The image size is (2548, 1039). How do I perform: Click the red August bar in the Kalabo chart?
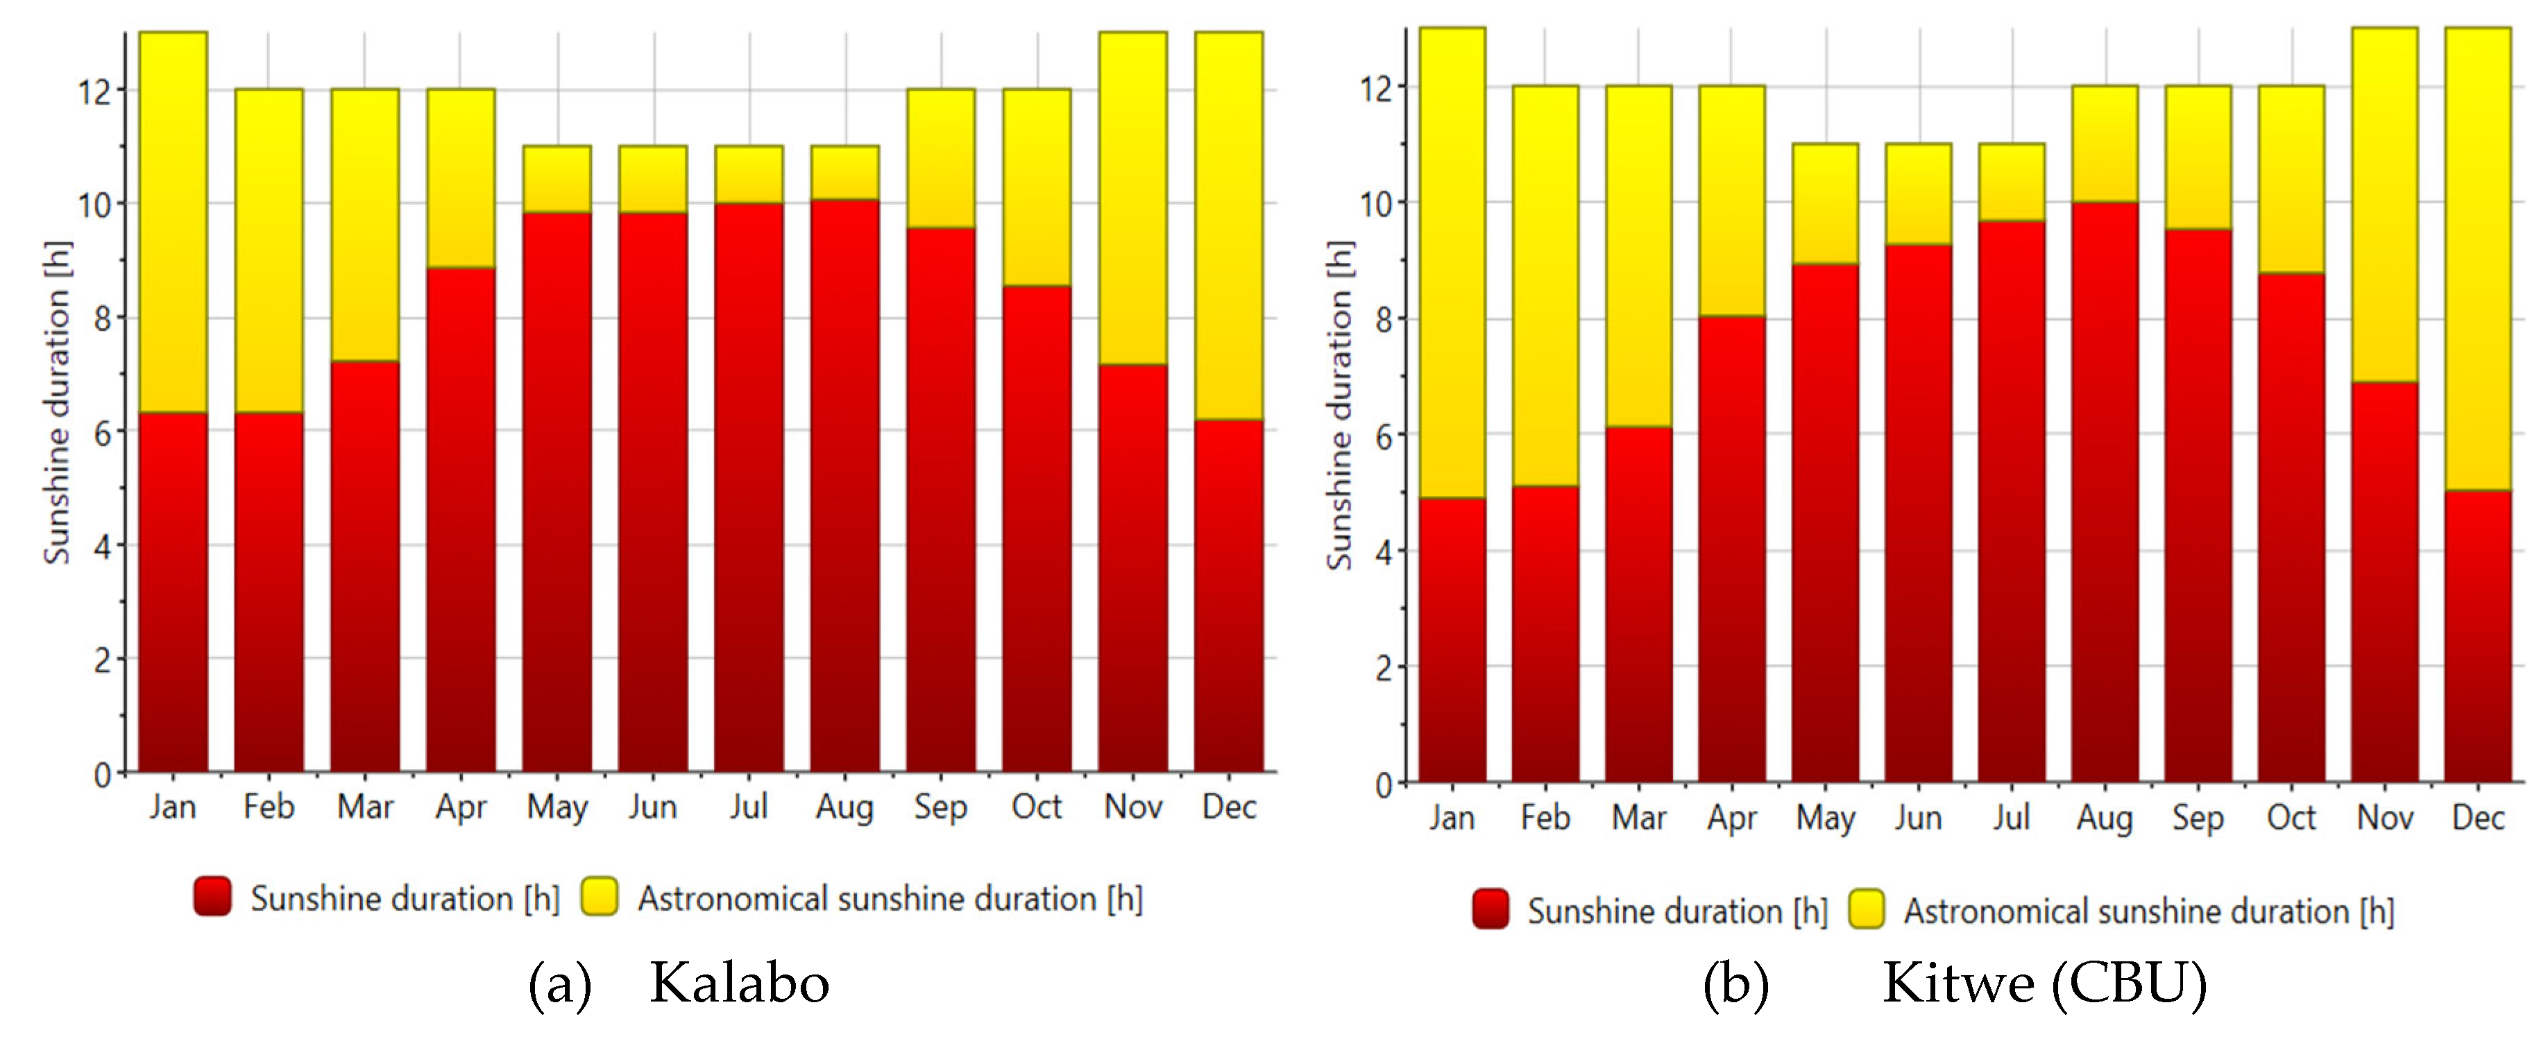pos(844,486)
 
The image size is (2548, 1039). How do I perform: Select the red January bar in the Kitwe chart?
pos(1452,639)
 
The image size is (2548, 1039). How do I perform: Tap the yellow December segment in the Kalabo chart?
pos(1228,225)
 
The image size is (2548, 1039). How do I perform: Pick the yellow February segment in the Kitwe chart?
pos(1545,286)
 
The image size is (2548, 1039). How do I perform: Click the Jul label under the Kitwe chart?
pos(2012,818)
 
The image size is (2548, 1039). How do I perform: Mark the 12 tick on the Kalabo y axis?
pos(96,91)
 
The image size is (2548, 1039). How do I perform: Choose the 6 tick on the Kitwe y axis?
pos(1384,436)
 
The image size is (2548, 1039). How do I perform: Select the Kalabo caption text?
pos(739,984)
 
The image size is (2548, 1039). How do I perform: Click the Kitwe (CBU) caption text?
pos(2044,984)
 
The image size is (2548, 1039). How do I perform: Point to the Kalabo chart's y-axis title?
pos(58,402)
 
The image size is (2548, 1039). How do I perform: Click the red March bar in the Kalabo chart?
pos(365,567)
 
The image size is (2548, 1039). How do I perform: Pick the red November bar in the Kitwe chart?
pos(2385,583)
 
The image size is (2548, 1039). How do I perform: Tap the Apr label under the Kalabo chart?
pos(461,807)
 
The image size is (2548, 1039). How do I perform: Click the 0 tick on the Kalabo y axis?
pos(103,774)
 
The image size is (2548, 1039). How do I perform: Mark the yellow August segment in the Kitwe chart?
pos(2105,144)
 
